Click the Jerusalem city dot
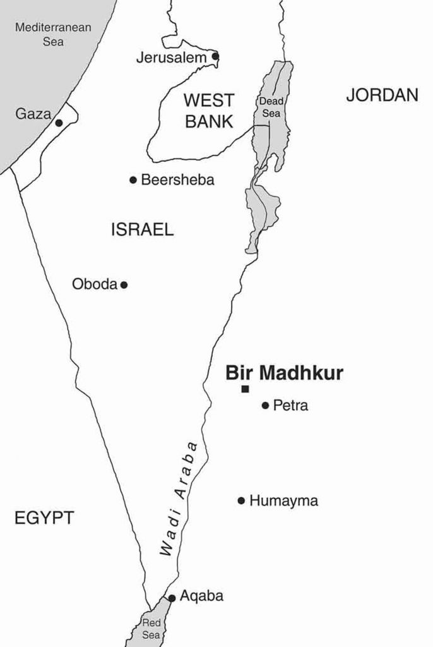(215, 56)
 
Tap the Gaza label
(32, 114)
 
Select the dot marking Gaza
(59, 123)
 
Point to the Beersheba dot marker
(133, 180)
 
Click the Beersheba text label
(177, 180)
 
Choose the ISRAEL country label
(142, 230)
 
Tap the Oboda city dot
(124, 285)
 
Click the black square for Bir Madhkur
(245, 389)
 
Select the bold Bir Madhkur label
(284, 373)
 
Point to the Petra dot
(265, 406)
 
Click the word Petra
(290, 406)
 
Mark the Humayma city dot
(241, 501)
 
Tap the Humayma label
(283, 501)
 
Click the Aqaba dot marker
(172, 598)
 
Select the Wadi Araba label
(179, 499)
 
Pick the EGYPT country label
(44, 519)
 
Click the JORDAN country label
(382, 95)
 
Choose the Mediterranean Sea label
(53, 34)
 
